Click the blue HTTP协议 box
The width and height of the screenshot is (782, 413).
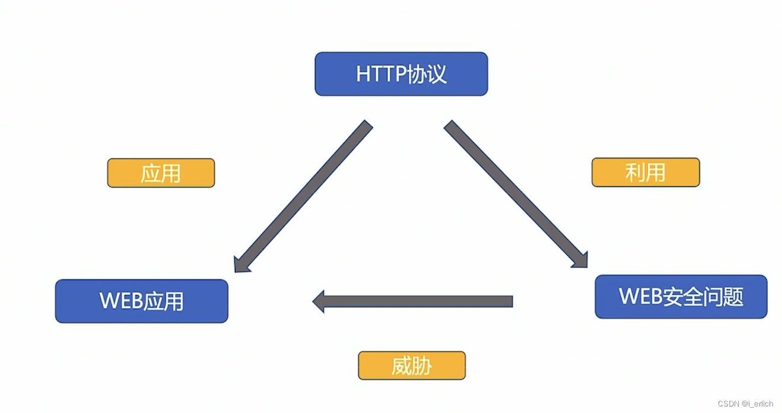(401, 74)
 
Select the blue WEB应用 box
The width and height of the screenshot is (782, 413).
(141, 301)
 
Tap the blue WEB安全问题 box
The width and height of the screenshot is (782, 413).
(681, 297)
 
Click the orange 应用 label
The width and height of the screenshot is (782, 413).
(161, 173)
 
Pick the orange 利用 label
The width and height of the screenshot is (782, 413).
(646, 173)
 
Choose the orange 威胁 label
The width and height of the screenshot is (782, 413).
(412, 366)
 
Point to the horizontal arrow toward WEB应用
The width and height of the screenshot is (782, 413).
(415, 301)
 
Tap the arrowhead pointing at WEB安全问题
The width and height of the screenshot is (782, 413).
(580, 260)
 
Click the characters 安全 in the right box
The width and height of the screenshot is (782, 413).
(681, 297)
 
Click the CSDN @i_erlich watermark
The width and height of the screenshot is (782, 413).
(745, 404)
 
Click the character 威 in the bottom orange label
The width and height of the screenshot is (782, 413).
(401, 366)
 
